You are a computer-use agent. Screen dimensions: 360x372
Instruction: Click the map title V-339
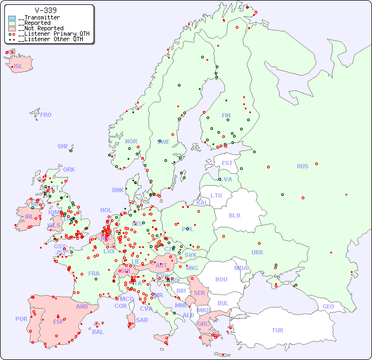click(46, 10)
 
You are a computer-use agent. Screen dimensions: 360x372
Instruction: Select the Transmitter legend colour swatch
click(12, 18)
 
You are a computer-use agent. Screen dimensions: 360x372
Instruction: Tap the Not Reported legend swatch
click(12, 28)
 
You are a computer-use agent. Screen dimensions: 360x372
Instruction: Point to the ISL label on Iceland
click(18, 67)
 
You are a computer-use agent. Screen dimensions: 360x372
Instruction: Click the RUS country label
click(302, 166)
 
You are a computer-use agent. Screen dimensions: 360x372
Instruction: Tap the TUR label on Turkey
click(277, 330)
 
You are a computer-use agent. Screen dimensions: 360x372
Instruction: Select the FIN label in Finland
click(226, 115)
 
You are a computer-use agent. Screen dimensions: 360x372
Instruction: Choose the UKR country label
click(257, 252)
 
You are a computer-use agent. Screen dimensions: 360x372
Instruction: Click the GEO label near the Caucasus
click(328, 306)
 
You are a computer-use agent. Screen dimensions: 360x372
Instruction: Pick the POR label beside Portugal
click(21, 319)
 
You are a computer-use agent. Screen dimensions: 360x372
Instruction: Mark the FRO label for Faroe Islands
click(46, 115)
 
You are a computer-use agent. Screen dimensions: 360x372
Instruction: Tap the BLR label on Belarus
click(235, 215)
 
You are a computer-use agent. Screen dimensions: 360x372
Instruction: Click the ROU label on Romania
click(221, 279)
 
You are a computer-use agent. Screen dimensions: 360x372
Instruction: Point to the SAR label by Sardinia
click(142, 320)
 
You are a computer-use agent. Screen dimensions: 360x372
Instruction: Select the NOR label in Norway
click(131, 141)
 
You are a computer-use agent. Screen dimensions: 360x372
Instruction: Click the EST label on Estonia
click(227, 163)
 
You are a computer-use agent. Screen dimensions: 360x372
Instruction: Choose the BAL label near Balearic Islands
click(98, 332)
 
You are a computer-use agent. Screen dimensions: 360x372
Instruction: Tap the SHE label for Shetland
click(63, 146)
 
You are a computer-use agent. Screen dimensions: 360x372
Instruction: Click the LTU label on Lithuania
click(216, 195)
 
